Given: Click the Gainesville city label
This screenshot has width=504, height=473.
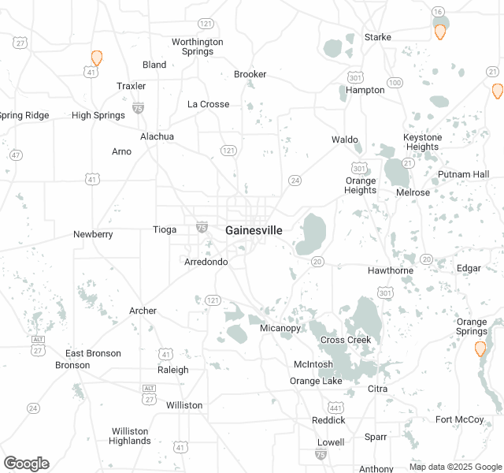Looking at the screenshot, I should [x=254, y=230].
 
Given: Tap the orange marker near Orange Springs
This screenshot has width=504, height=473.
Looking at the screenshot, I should [x=480, y=348].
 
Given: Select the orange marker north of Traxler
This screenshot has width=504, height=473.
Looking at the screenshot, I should [x=97, y=58].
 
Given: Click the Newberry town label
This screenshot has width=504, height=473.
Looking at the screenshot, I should [x=93, y=234].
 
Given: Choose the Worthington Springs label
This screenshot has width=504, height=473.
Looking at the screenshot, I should [x=198, y=47].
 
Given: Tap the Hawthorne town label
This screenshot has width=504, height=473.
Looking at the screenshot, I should [x=391, y=270].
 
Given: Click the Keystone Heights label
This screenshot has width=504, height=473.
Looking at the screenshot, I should [x=423, y=142].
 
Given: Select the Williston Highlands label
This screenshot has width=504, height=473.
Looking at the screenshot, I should [x=130, y=436].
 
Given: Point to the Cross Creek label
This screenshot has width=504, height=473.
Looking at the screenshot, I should [x=345, y=340].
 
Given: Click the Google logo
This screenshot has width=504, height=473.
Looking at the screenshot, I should [x=26, y=464].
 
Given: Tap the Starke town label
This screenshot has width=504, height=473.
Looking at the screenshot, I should [x=378, y=37].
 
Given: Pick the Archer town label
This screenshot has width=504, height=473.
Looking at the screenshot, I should [x=143, y=311].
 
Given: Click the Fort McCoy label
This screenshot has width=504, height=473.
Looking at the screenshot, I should [x=460, y=419].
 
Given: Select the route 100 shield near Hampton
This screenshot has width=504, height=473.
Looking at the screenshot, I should [x=395, y=83].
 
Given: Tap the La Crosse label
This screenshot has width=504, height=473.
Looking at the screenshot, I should [x=209, y=104].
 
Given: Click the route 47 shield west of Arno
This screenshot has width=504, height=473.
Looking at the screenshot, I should [x=17, y=155].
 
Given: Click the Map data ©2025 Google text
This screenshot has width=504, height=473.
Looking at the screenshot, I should [x=454, y=467].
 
